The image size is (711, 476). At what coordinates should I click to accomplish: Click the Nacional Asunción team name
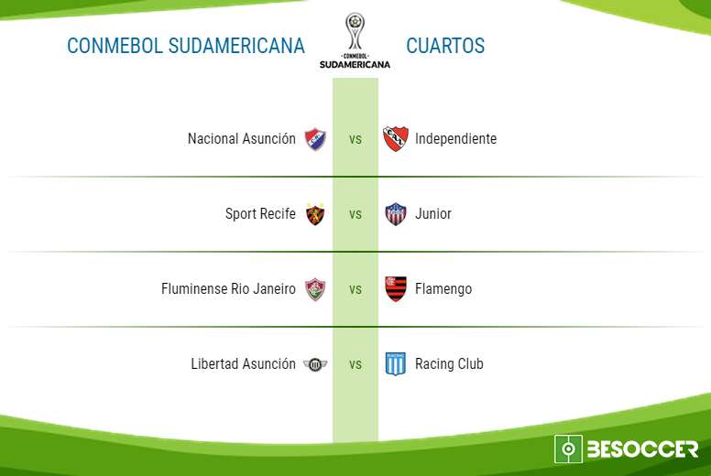tap(242, 138)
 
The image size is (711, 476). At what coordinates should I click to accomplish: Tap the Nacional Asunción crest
tap(315, 139)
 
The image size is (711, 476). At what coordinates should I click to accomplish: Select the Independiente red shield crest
tap(396, 138)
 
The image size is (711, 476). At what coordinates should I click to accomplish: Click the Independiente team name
tap(455, 138)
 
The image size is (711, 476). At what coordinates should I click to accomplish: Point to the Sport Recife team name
tap(260, 214)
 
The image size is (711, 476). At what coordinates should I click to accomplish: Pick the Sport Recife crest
tap(315, 214)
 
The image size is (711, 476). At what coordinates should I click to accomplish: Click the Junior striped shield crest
tap(396, 214)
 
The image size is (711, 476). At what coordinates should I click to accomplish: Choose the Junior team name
tap(433, 214)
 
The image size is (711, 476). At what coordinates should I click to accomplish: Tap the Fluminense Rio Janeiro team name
tap(228, 288)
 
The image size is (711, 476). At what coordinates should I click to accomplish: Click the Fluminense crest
tap(315, 289)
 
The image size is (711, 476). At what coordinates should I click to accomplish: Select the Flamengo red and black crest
tap(396, 289)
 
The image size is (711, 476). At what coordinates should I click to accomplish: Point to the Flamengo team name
tap(443, 289)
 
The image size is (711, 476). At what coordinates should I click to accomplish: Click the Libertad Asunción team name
tap(243, 363)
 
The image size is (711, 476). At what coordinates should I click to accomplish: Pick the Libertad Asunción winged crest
tap(315, 364)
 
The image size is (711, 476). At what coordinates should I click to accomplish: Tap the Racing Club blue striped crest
tap(396, 364)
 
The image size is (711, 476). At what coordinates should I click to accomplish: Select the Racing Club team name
tap(449, 363)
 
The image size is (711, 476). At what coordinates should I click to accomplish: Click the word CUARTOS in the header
tap(445, 46)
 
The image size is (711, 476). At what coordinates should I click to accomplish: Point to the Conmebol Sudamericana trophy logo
tap(355, 41)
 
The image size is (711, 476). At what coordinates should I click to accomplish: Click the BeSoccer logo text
tap(642, 449)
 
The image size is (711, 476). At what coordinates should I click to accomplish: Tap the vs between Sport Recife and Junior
tap(355, 214)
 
